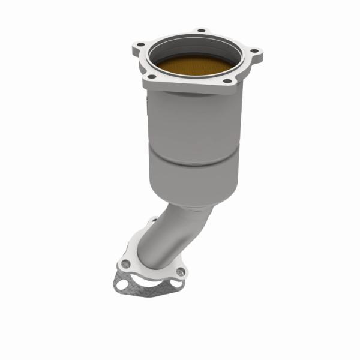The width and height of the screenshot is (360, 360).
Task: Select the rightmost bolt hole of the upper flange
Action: coord(254,51)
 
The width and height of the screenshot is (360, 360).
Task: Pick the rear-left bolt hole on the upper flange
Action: coord(141,44)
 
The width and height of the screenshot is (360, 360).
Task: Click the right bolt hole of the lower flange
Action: coord(182,271)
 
